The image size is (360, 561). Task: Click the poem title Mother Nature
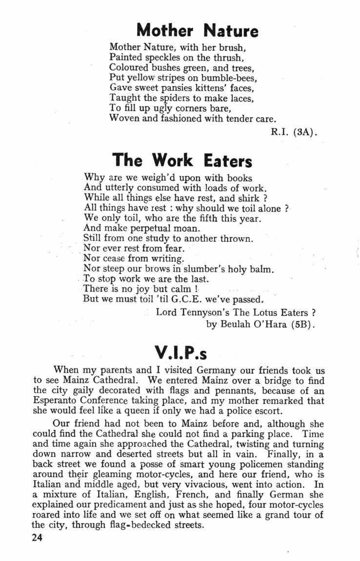point(197,31)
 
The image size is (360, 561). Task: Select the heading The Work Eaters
point(182,160)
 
